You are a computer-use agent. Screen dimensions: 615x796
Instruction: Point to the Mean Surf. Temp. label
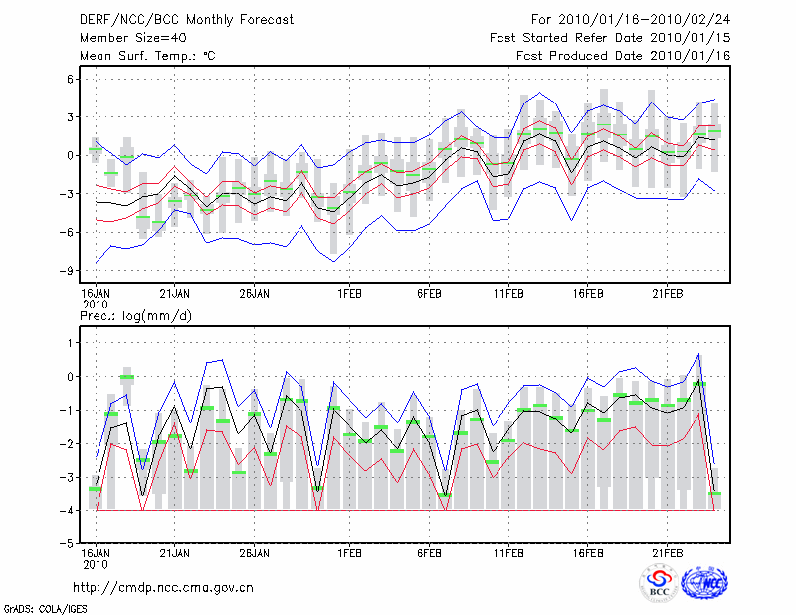[x=147, y=56]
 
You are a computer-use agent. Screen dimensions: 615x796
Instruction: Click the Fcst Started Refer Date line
[x=610, y=38]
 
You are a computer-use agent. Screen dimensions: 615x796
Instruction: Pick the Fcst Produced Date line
[x=623, y=56]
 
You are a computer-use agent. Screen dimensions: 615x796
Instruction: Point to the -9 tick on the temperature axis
[x=69, y=270]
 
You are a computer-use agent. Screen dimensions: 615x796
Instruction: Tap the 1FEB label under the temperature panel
[x=348, y=293]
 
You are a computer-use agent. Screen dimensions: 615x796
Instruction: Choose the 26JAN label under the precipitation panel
[x=255, y=552]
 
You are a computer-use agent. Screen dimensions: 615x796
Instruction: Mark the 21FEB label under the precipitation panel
[x=667, y=552]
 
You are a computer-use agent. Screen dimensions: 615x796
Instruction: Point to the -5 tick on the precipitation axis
[x=69, y=543]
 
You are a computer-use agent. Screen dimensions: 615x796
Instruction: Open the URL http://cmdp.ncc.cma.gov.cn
[x=163, y=587]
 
